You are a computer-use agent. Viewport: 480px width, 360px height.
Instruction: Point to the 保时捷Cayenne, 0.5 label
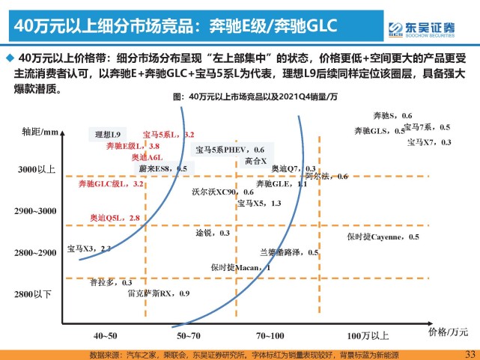pyautogui.click(x=383, y=237)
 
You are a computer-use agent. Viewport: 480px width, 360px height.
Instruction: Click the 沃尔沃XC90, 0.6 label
pyautogui.click(x=222, y=191)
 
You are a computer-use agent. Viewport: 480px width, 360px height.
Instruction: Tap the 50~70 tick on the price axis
pyautogui.click(x=187, y=335)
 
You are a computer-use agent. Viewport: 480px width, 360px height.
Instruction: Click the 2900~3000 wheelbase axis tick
pyautogui.click(x=36, y=212)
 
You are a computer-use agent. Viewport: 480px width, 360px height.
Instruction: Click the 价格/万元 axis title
pyautogui.click(x=448, y=330)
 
